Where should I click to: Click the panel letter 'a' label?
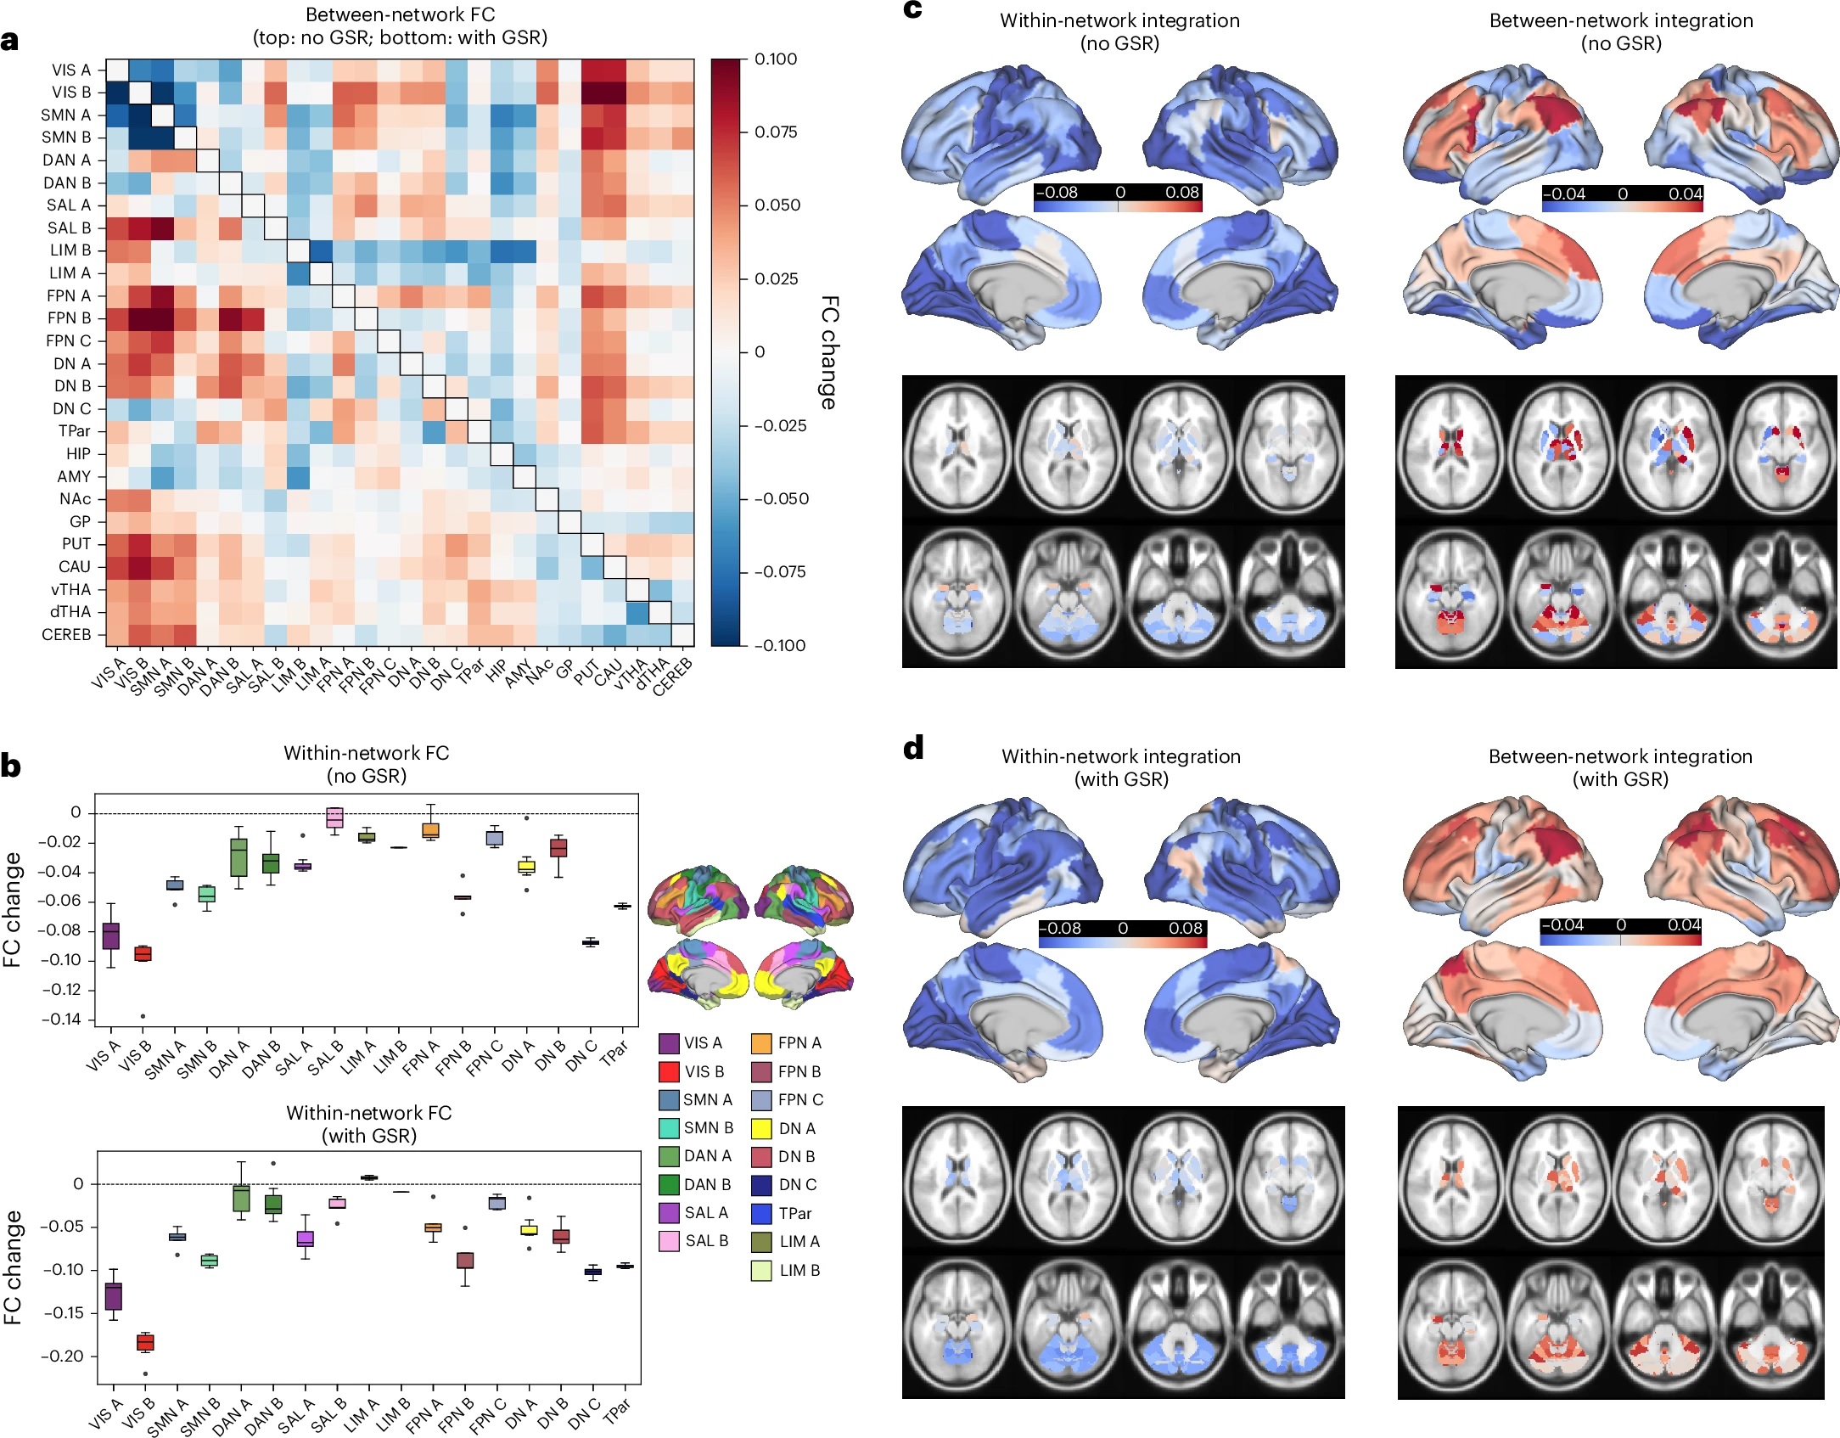pos(10,42)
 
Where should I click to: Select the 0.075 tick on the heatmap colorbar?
pos(776,132)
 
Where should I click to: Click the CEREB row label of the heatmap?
pos(66,634)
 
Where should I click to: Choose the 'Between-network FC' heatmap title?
pos(400,15)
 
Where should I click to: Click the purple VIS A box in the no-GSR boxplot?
pos(111,935)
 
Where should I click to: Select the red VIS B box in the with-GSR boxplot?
pos(145,1342)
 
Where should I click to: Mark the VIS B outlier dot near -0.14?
pos(143,1016)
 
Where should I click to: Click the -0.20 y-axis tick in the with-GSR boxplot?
pos(63,1356)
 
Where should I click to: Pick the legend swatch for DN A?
pos(761,1128)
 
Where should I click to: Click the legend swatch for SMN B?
pos(669,1128)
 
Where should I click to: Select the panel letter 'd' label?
pos(913,748)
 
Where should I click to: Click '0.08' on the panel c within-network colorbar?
pos(1181,193)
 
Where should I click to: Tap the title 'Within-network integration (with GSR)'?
pos(1120,767)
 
